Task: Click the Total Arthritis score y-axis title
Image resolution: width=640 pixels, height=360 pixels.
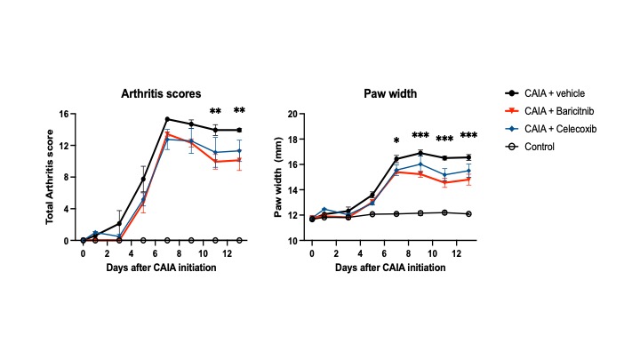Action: tap(52, 176)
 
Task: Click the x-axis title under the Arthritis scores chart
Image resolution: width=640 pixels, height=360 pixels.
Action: tap(162, 268)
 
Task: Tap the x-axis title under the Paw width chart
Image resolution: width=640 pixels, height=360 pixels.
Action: tap(391, 268)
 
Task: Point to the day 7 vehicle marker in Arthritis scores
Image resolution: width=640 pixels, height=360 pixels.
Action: tap(167, 119)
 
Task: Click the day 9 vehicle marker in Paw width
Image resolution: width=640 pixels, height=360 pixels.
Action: tap(420, 153)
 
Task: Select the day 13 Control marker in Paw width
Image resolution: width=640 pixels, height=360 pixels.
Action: tap(468, 213)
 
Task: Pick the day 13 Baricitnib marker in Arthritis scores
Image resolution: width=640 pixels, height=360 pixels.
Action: tap(239, 160)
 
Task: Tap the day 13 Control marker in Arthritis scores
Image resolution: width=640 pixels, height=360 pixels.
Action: tap(239, 240)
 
